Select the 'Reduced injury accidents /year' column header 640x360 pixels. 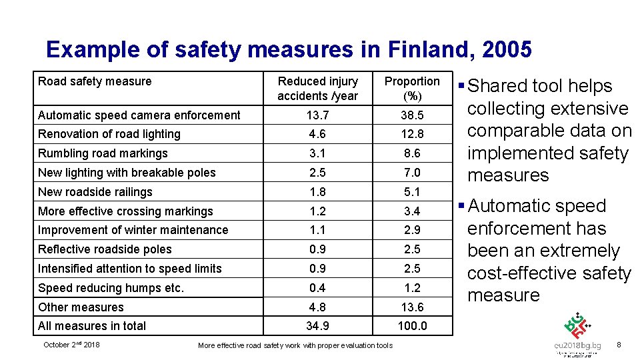pos(318,89)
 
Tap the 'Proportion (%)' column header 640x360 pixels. pos(412,89)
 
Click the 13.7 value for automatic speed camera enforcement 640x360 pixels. pos(318,115)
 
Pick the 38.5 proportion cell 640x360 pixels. pos(412,115)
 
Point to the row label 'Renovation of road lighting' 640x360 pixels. pos(109,134)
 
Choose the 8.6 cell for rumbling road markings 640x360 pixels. pos(412,153)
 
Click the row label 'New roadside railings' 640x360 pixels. pos(95,192)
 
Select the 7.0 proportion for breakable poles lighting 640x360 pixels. pos(412,173)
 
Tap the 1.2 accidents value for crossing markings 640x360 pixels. pos(318,211)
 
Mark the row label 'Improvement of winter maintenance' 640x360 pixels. pos(133,230)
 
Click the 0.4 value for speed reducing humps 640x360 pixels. pos(318,288)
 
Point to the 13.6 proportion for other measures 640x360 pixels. pos(412,307)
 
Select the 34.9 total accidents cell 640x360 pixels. pos(318,326)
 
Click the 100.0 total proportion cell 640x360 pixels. pos(412,326)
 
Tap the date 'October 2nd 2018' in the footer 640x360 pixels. pos(71,345)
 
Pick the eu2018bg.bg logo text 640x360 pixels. pos(578,346)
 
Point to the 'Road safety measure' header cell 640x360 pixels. pos(95,81)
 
